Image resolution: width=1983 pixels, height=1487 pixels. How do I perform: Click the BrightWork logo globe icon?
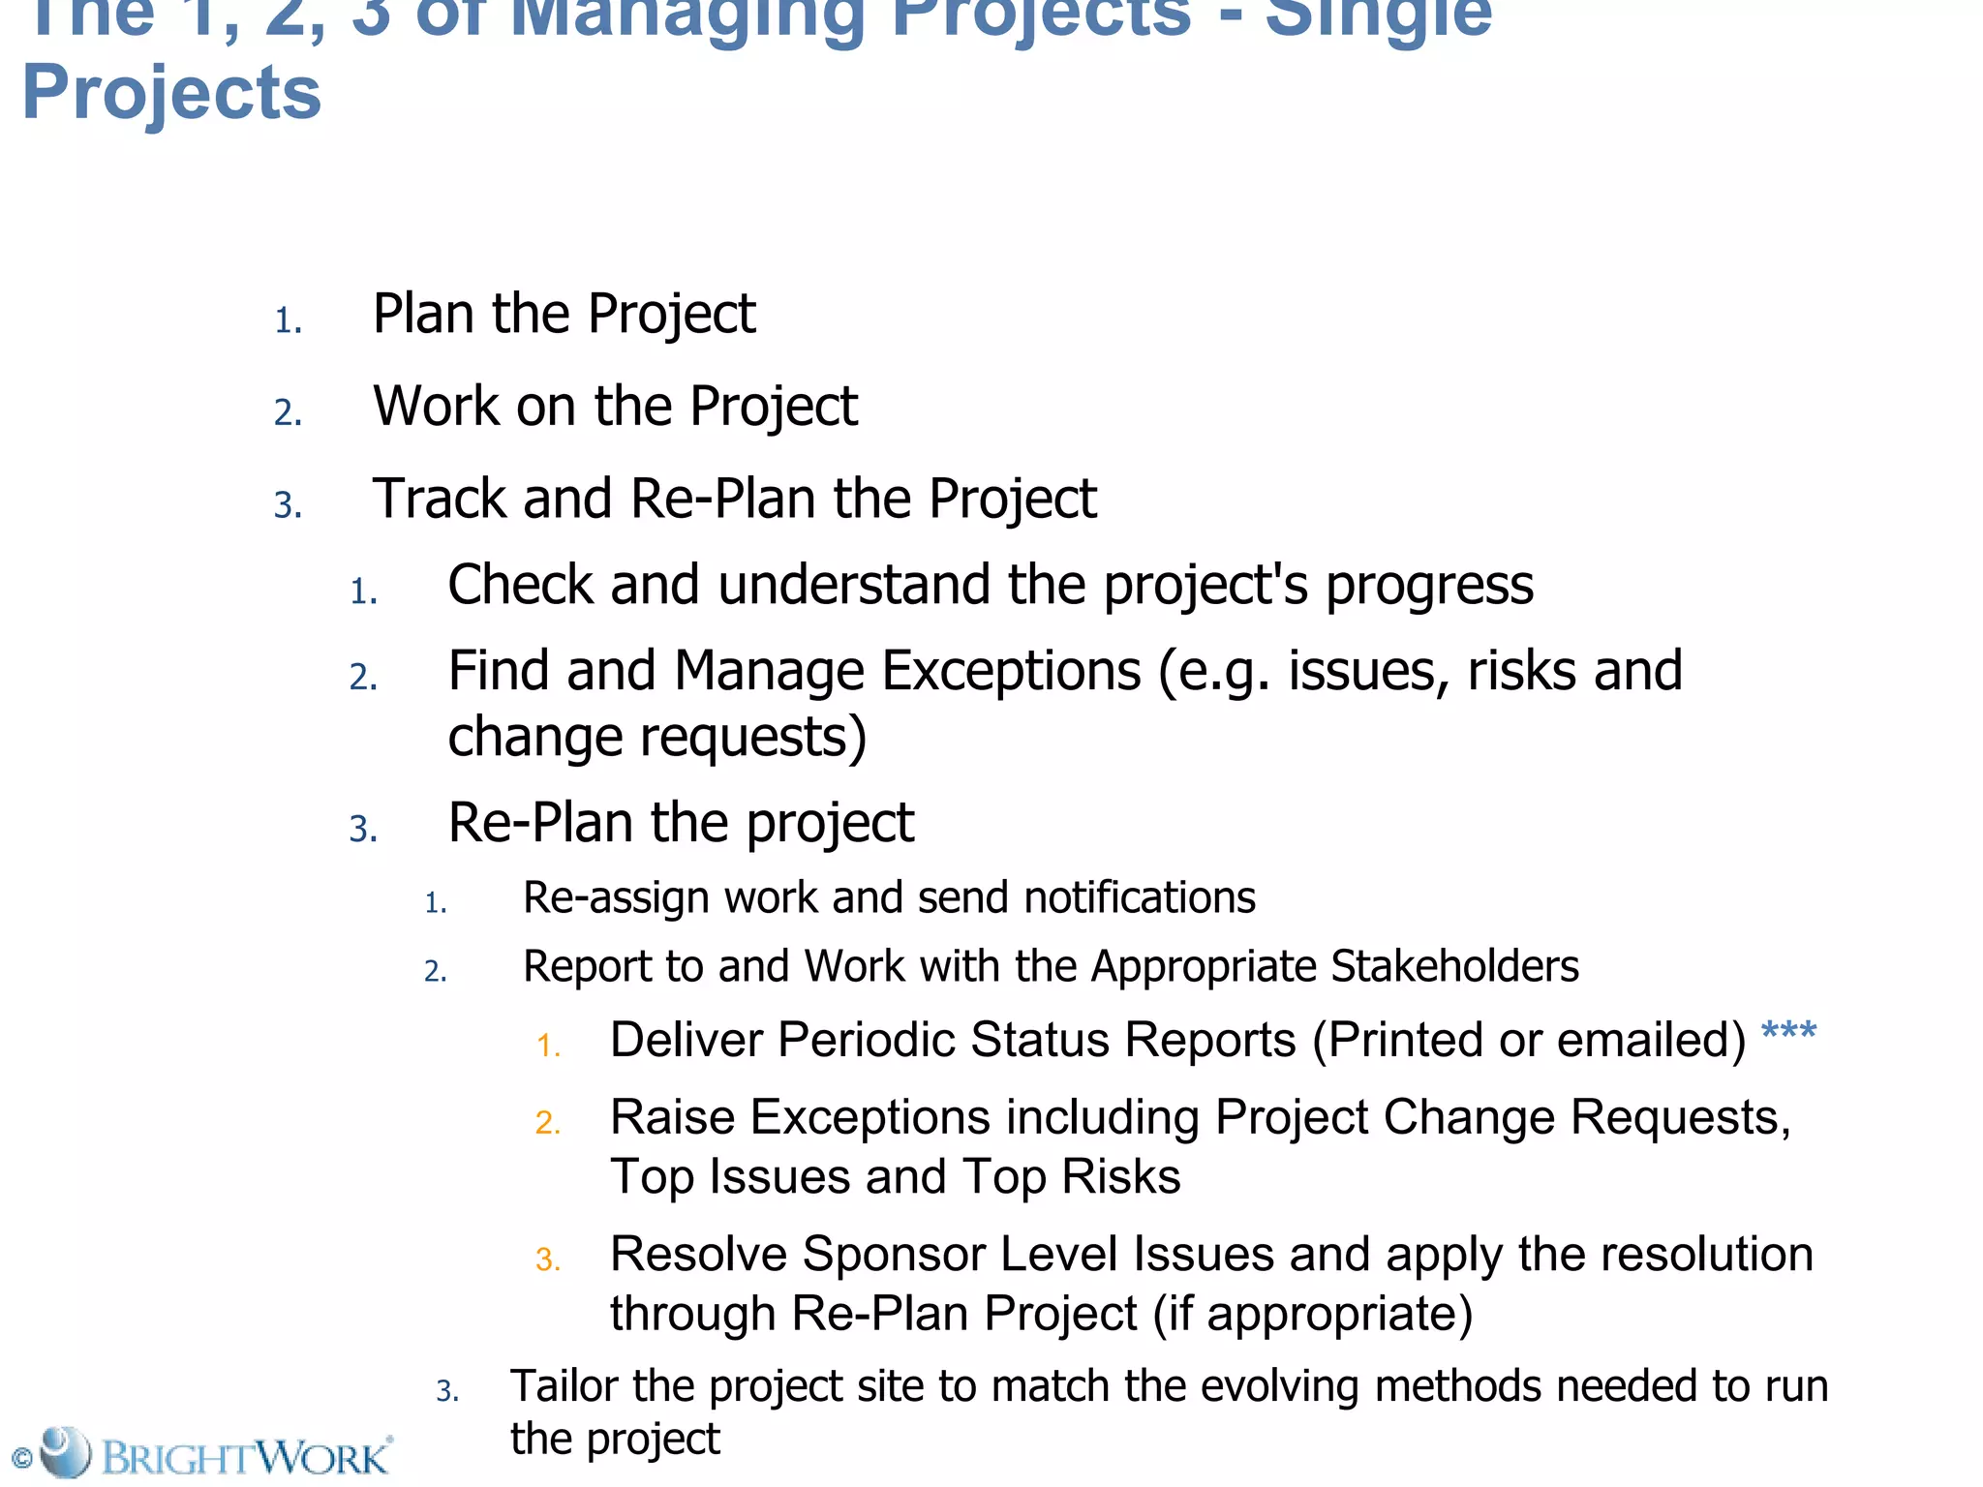pyautogui.click(x=65, y=1451)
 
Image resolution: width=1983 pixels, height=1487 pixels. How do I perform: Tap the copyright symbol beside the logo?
pyautogui.click(x=21, y=1458)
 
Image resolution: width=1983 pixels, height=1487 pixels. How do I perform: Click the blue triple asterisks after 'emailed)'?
pyautogui.click(x=1788, y=1032)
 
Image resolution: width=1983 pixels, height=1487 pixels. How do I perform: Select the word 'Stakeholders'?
pyautogui.click(x=1454, y=966)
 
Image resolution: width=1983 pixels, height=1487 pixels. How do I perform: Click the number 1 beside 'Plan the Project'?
pyautogui.click(x=288, y=320)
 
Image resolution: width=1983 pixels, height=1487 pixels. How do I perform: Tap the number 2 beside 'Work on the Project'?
pyautogui.click(x=288, y=412)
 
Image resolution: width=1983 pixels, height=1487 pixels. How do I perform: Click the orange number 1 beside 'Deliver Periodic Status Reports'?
pyautogui.click(x=549, y=1046)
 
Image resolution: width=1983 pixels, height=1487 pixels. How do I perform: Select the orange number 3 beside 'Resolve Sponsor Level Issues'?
pyautogui.click(x=548, y=1259)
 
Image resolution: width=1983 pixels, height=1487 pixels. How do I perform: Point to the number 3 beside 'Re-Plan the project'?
pyautogui.click(x=363, y=830)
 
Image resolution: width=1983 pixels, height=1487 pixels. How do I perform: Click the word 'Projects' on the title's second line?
pyautogui.click(x=171, y=94)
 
